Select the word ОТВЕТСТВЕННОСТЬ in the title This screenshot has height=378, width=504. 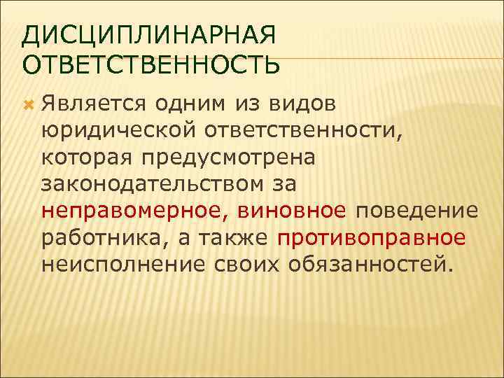click(151, 64)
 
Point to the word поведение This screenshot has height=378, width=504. click(417, 211)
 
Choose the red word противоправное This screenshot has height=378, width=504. click(371, 237)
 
